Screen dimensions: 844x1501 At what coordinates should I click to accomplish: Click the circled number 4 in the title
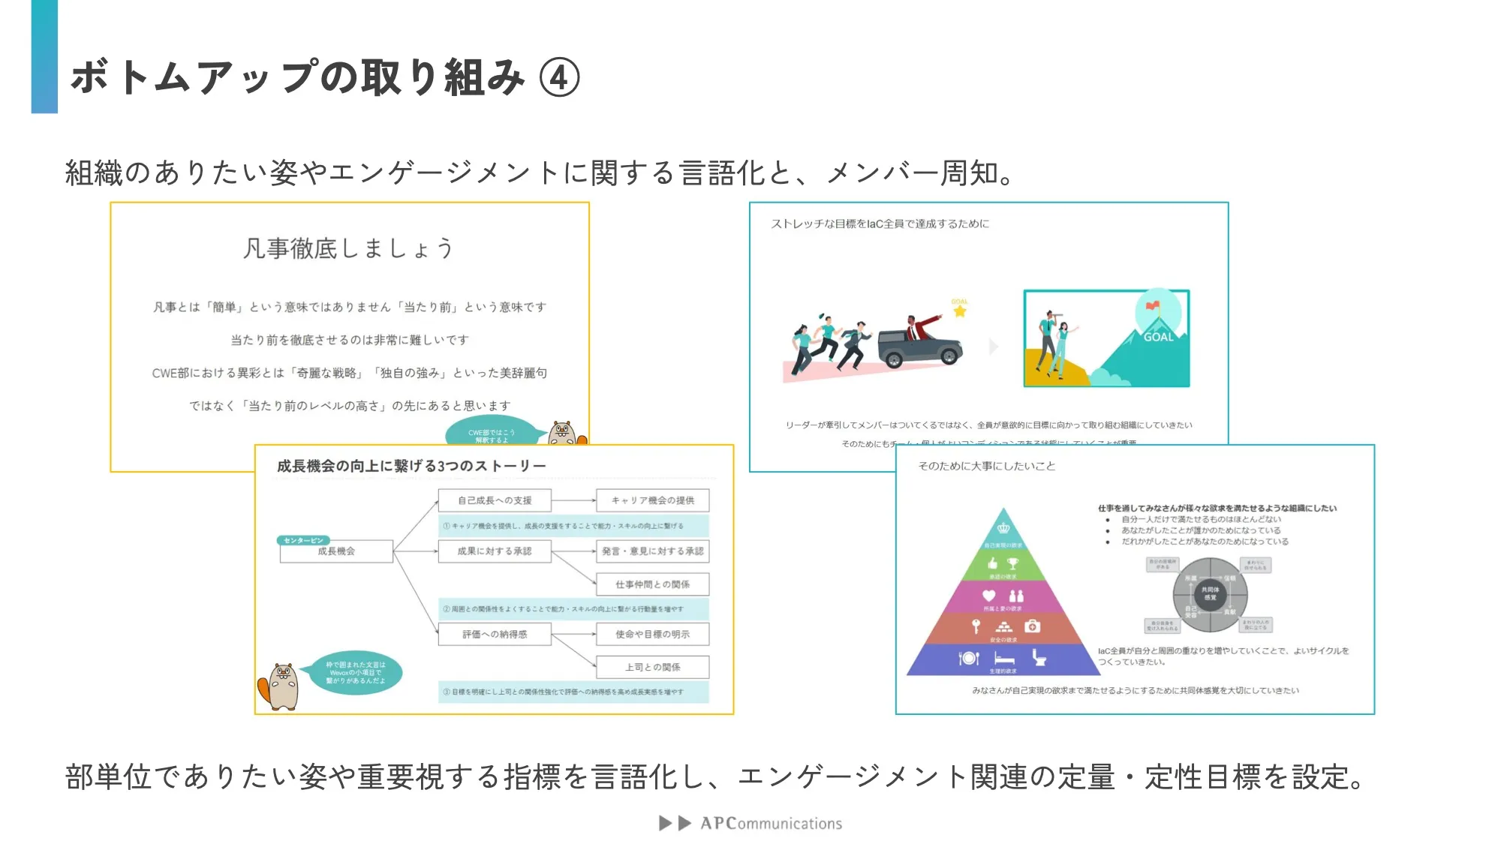[559, 78]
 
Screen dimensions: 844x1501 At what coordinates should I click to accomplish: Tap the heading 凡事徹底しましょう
[348, 248]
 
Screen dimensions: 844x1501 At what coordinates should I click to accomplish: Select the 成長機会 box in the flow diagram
[336, 551]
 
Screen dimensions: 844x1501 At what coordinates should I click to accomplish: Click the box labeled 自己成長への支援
[495, 500]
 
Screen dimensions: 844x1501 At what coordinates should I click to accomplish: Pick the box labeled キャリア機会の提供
[652, 500]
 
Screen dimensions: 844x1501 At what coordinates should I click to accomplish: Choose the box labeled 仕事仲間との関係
[652, 584]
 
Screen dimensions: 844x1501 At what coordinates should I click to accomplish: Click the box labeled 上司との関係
[652, 667]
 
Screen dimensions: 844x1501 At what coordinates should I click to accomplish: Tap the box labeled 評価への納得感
[495, 635]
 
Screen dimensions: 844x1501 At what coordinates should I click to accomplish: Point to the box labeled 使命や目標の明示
[652, 635]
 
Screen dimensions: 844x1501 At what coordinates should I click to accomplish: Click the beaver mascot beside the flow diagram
[281, 686]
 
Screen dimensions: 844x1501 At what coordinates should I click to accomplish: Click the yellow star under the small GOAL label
[960, 311]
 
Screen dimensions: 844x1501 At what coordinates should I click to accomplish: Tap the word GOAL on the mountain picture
[1158, 338]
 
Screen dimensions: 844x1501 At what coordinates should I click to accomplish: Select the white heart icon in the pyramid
[988, 596]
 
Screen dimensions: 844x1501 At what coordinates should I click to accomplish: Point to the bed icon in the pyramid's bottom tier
[1004, 659]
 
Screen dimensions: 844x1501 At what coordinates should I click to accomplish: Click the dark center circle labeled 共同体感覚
[1210, 593]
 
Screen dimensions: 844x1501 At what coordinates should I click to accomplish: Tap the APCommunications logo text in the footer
[771, 824]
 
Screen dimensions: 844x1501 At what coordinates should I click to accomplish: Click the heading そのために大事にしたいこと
[986, 466]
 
